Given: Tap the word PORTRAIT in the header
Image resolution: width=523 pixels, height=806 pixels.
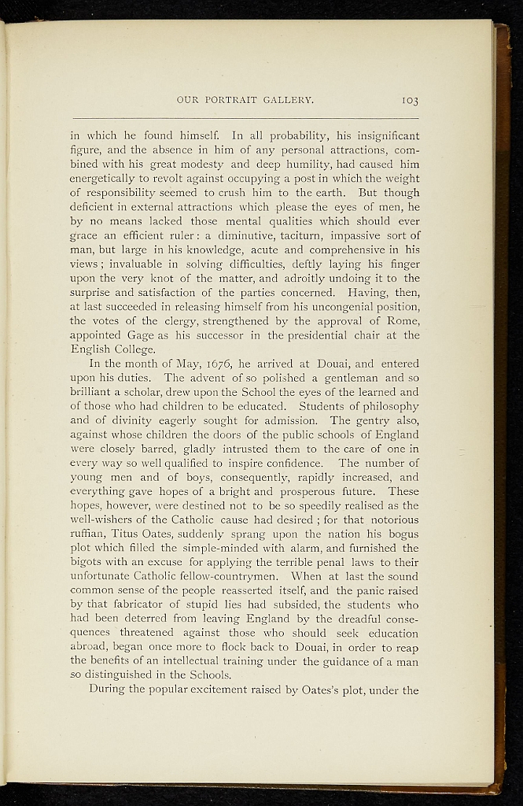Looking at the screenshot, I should (227, 101).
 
